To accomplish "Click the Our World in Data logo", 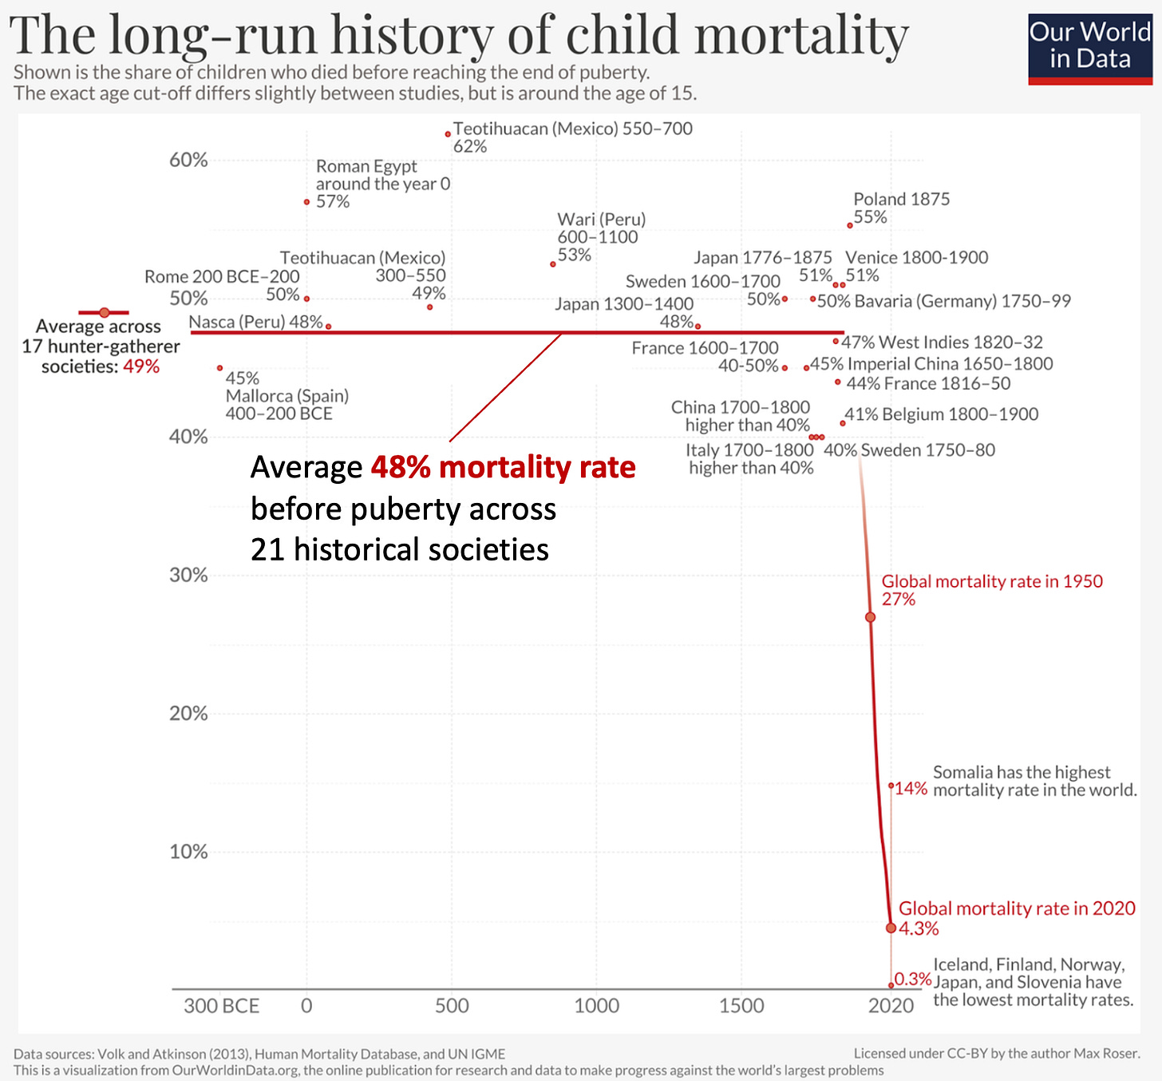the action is coord(1090,49).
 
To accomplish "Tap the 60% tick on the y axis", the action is coord(188,160).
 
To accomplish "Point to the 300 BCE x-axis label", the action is coord(221,1005).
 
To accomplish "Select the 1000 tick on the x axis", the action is coord(596,1005).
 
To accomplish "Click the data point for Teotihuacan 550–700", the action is coord(448,134).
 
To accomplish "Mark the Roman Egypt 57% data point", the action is coord(306,202).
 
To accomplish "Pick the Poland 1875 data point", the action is coord(850,225).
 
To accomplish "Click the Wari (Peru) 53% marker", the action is coord(553,264).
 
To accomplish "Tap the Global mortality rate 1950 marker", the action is coord(870,617).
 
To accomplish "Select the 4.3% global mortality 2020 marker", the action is coord(891,928).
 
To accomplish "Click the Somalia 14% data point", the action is coord(891,786).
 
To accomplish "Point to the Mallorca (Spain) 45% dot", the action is coord(220,368).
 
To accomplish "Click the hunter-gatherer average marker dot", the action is coord(104,312).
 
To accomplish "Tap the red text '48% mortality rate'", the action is coord(503,467).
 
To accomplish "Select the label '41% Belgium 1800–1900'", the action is coord(942,414).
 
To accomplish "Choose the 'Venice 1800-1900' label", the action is coord(916,257).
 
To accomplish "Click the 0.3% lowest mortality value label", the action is coord(913,979).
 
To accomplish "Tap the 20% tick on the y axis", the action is coord(188,713).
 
